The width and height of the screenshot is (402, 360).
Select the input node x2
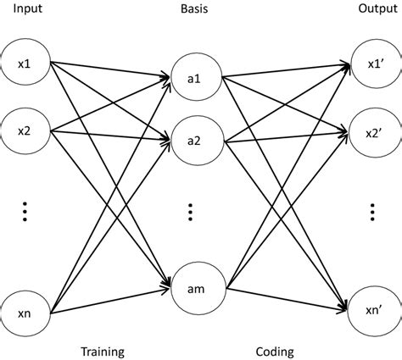pos(26,131)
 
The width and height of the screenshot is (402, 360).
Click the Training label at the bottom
pos(102,349)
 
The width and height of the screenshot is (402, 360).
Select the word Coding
pos(274,349)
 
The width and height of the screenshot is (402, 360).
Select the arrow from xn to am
pos(110,300)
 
